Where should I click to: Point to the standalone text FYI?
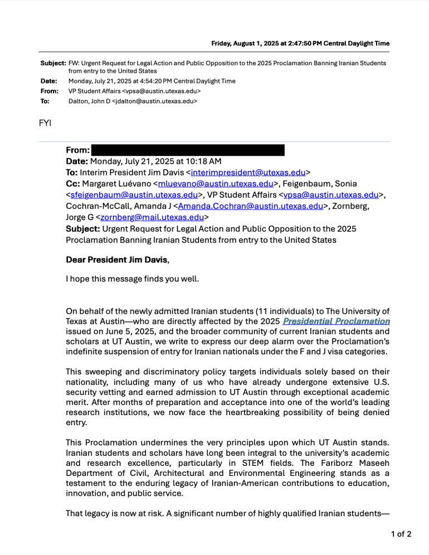pos(45,123)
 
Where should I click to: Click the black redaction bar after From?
pos(188,150)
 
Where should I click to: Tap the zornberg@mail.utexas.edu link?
pos(152,217)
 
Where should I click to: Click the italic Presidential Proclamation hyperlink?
pos(336,321)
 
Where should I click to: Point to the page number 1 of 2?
pos(401,534)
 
